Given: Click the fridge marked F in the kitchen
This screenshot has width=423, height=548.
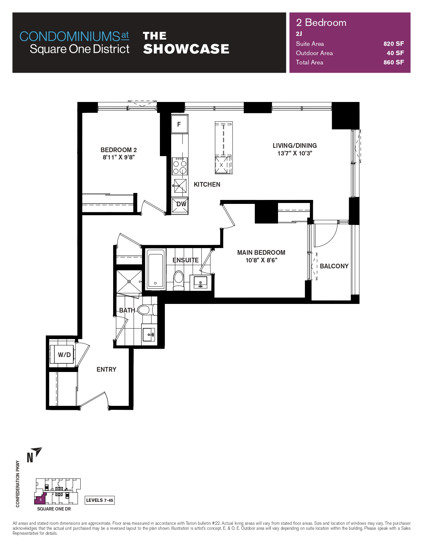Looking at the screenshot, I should click(179, 124).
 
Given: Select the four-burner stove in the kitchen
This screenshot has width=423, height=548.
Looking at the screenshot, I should click(179, 166).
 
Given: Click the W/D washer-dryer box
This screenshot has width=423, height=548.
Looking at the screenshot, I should click(64, 355).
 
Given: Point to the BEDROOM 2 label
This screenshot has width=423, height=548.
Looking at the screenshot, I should click(118, 150).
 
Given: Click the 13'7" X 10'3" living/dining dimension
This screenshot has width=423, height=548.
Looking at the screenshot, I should click(295, 153).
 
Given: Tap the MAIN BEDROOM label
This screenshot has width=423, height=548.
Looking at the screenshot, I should click(261, 252).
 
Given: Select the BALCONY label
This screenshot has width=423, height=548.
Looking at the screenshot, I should click(334, 266).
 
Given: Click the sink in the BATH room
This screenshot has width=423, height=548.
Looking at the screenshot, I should click(149, 334).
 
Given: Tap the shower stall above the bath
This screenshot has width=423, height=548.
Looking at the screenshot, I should click(129, 282).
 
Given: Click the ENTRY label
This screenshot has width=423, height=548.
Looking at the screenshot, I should click(106, 369).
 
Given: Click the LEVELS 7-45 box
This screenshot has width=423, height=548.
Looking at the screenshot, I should click(100, 500).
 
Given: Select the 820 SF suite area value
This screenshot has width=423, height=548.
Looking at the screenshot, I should click(393, 44).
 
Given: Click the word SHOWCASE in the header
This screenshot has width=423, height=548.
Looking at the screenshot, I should click(186, 49).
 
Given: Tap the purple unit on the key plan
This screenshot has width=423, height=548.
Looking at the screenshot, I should click(40, 499).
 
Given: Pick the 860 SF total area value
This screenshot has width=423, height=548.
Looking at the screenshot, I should click(393, 62).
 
